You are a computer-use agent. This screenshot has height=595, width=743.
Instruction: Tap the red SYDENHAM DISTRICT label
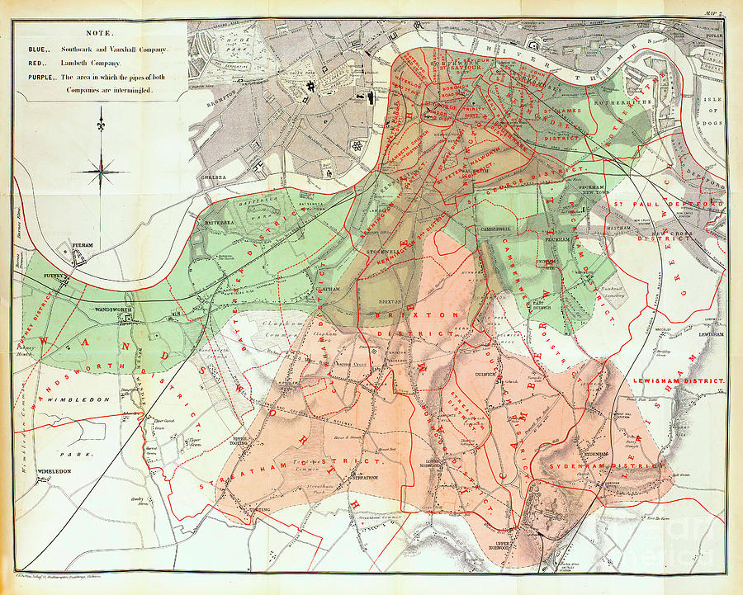[x=604, y=465]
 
